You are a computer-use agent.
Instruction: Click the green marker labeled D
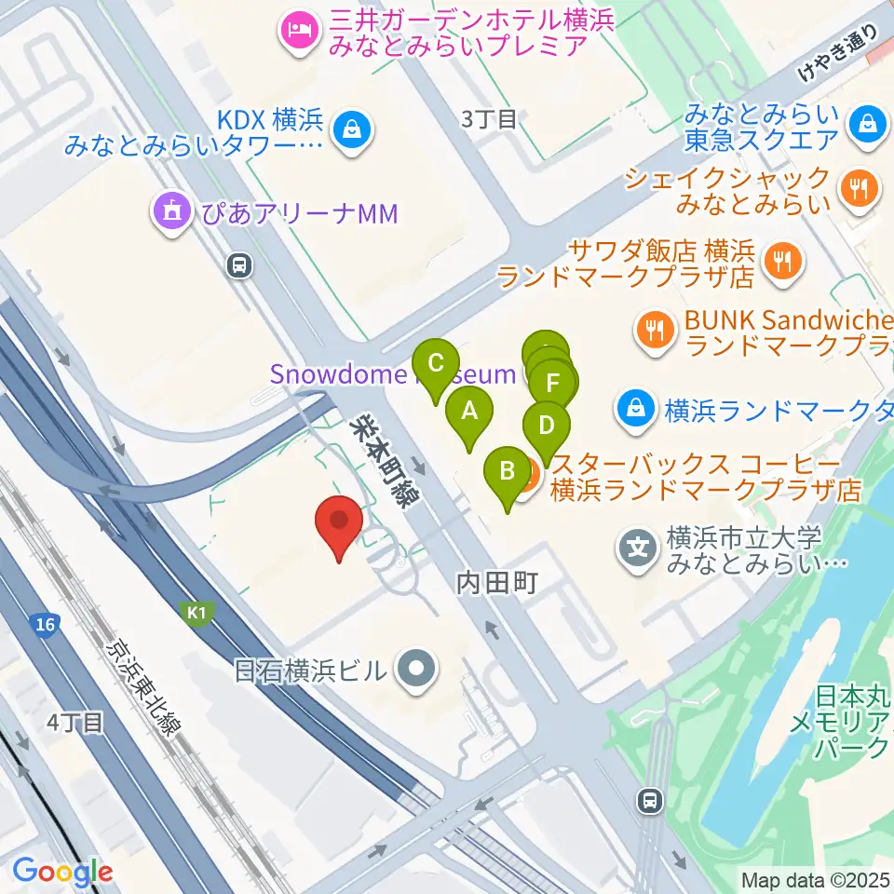pyautogui.click(x=547, y=426)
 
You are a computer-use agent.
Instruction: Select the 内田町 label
pyautogui.click(x=497, y=584)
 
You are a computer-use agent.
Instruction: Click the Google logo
pyautogui.click(x=62, y=873)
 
